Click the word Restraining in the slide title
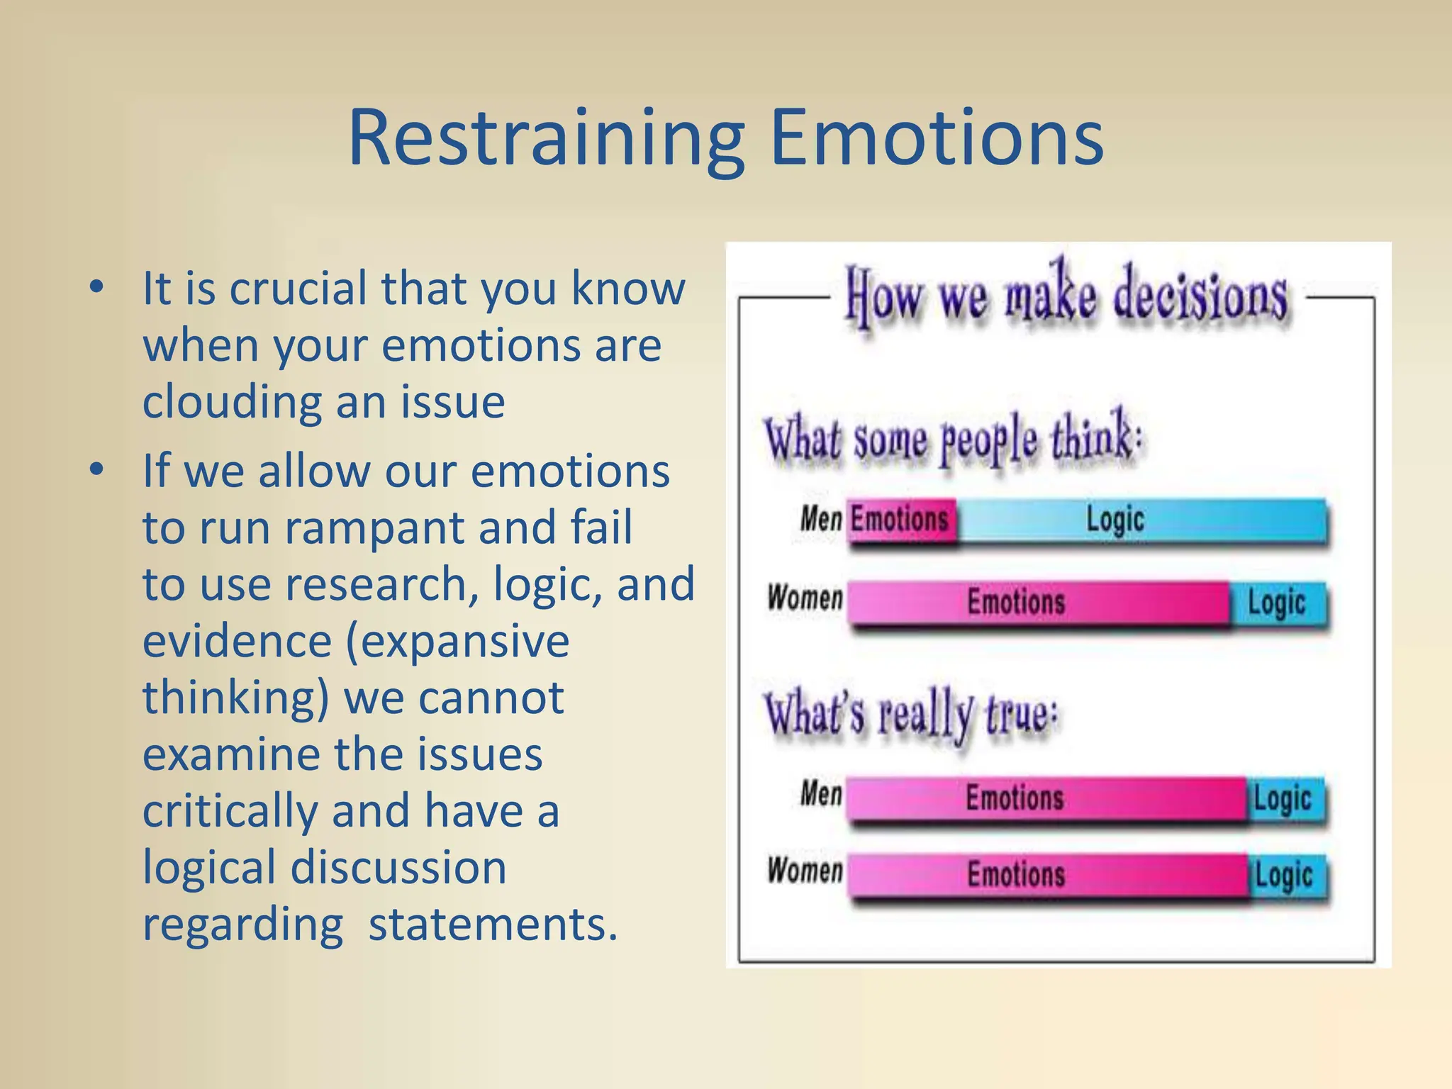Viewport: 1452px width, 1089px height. pos(546,138)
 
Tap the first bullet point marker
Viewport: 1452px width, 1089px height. pos(97,287)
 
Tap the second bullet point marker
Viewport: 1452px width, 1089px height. pos(97,469)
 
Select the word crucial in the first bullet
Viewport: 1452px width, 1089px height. pos(298,289)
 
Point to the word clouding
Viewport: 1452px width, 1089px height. pos(233,401)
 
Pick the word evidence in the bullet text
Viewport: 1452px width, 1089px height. pos(237,641)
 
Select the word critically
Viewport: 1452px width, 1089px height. pos(230,811)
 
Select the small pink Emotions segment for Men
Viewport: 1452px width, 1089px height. pos(900,520)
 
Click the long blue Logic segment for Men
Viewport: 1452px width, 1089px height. pos(1141,520)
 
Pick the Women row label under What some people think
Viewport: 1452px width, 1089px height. pos(805,598)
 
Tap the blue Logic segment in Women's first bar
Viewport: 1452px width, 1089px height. pos(1278,603)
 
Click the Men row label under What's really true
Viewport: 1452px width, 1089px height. pos(821,793)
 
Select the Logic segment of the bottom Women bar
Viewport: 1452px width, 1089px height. pos(1285,876)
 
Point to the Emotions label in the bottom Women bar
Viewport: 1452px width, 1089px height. pos(1016,874)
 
